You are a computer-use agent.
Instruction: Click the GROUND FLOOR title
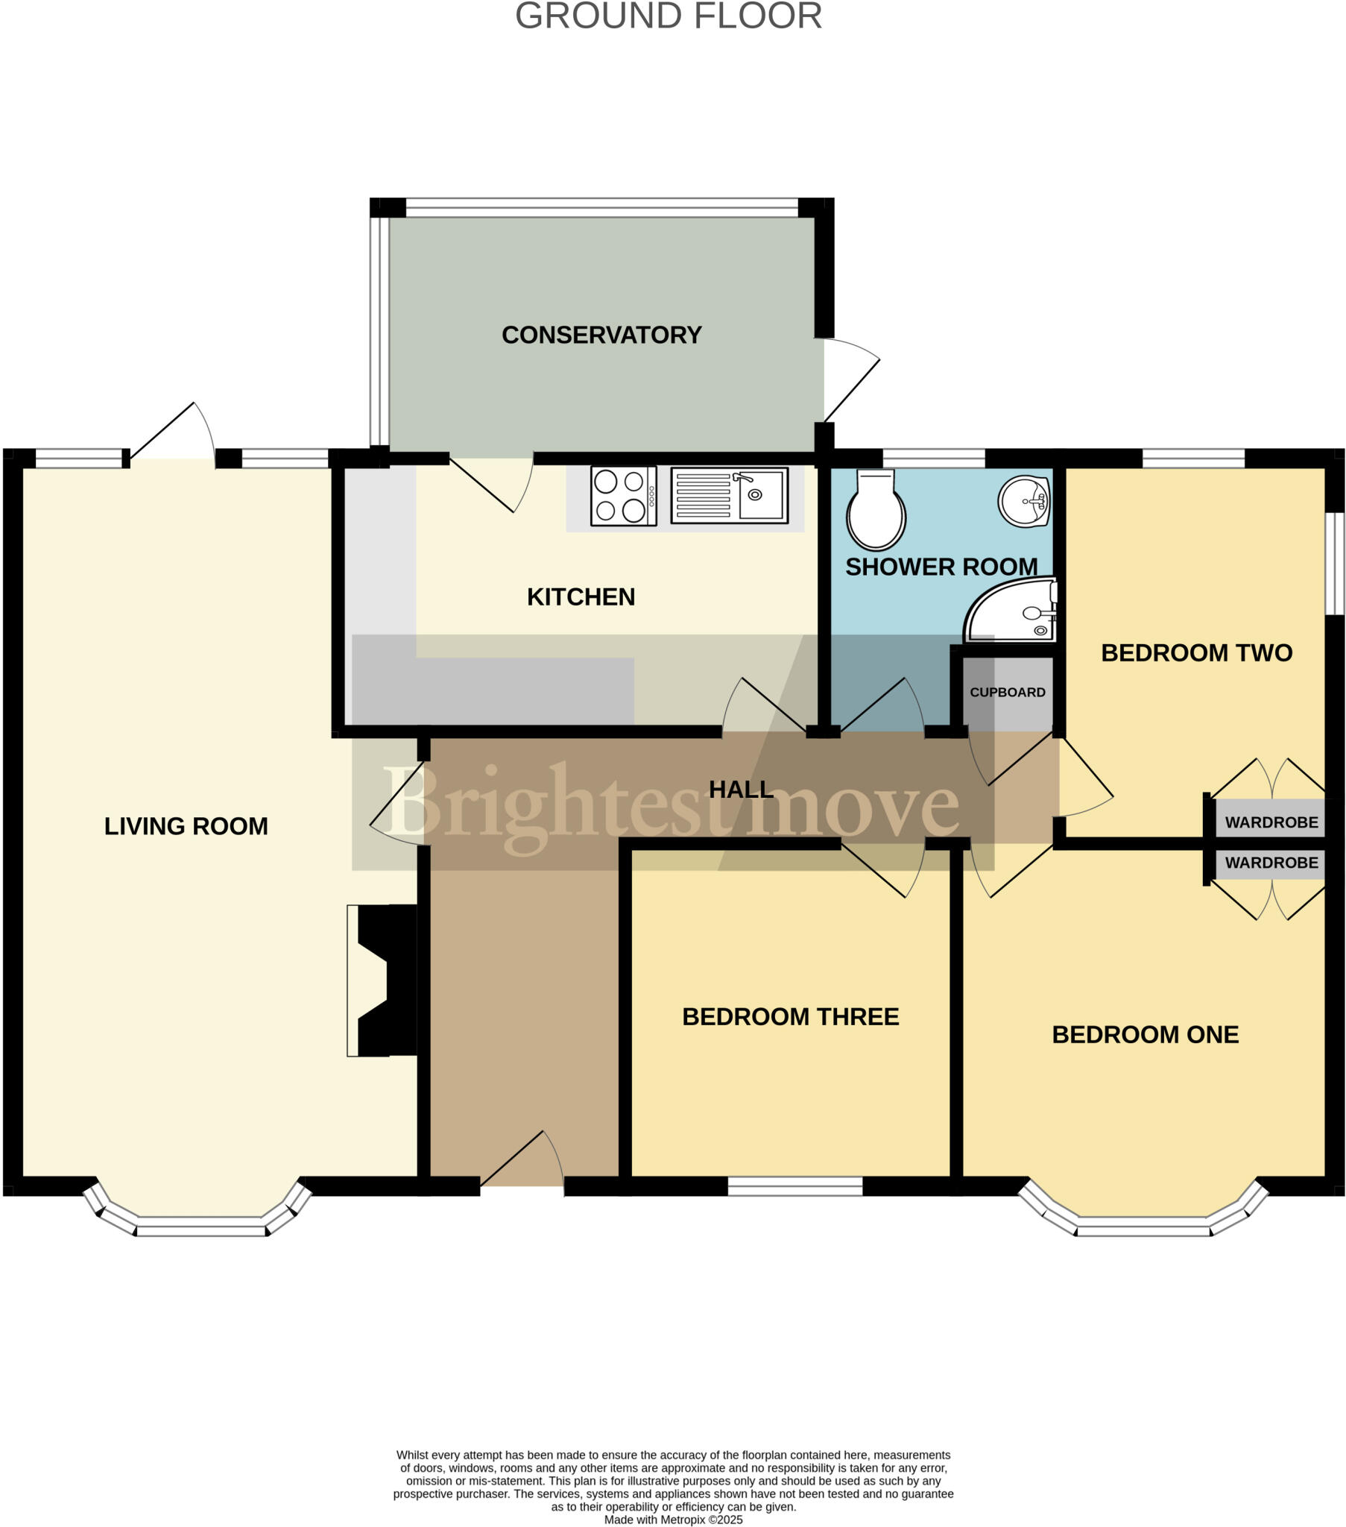pos(669,16)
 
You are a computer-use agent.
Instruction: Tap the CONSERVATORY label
pos(601,335)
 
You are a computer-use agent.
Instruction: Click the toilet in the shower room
pos(876,509)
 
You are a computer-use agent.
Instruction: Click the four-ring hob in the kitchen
pos(623,496)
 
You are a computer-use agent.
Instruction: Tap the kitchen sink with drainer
pos(729,495)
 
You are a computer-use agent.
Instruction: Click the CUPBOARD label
pos(1007,693)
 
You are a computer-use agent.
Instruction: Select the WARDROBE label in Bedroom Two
pos(1271,822)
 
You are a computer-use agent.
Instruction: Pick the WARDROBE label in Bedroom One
pos(1271,863)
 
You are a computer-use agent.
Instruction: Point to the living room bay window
pos(200,1218)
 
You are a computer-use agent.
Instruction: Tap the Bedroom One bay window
pos(1143,1218)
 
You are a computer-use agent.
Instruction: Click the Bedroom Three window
pos(794,1186)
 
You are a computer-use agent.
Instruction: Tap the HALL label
pos(740,790)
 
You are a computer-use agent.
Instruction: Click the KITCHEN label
pos(581,598)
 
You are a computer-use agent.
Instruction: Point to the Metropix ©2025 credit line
pos(673,1520)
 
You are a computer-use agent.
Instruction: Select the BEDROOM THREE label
pos(790,1017)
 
